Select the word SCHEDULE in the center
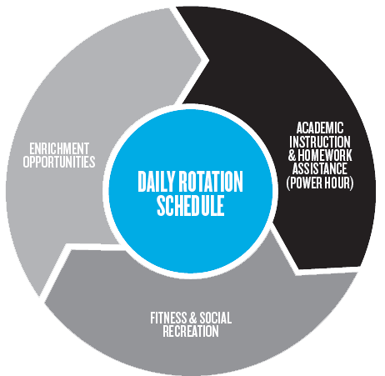[191, 206]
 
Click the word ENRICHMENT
[59, 148]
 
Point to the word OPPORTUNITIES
[59, 162]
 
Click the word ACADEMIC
[320, 128]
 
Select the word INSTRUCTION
[320, 142]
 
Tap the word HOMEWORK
[325, 155]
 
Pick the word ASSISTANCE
[320, 168]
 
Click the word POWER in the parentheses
[304, 183]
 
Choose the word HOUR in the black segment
[335, 183]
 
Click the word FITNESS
[168, 318]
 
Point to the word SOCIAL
[216, 318]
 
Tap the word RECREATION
[191, 331]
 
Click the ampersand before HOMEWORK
[292, 155]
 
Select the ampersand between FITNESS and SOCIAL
[193, 318]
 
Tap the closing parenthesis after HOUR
[352, 183]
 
